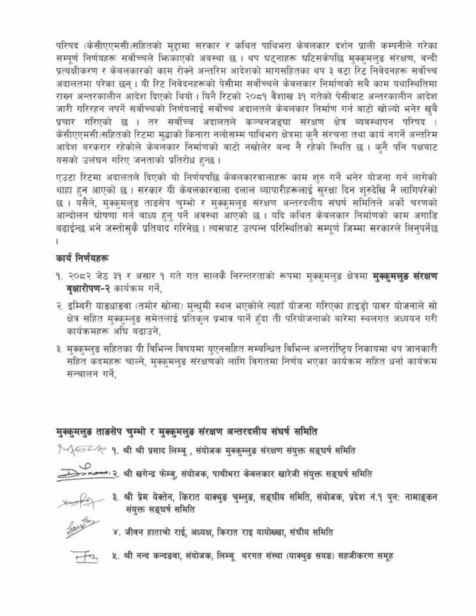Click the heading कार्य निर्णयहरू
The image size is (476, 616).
(x=82, y=258)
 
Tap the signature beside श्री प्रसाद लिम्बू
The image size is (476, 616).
(x=81, y=449)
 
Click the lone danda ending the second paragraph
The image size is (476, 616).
(x=57, y=241)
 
